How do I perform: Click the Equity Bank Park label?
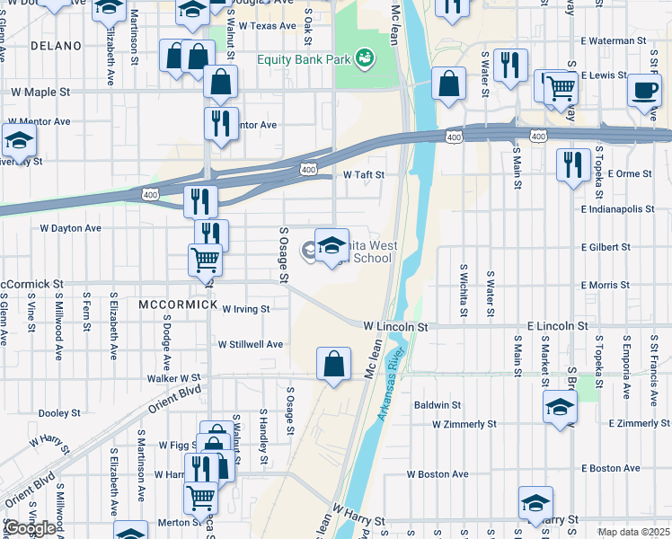(x=304, y=60)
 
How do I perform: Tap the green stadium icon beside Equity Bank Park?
(x=365, y=59)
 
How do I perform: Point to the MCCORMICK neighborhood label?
(x=179, y=305)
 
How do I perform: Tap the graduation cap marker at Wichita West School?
(x=332, y=245)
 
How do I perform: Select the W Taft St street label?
(x=364, y=175)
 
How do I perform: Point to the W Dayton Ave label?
(x=69, y=228)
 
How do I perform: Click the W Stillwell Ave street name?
(x=251, y=344)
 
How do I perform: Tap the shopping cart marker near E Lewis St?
(x=561, y=87)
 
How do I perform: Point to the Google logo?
(x=30, y=528)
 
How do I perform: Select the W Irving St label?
(x=246, y=308)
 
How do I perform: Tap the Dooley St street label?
(x=61, y=413)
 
